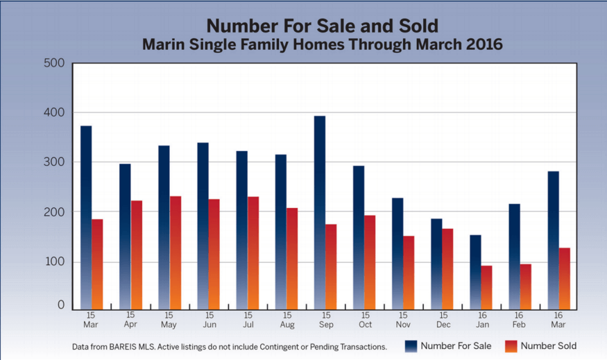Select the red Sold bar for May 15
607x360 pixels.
pyautogui.click(x=176, y=252)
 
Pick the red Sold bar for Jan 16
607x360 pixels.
pyautogui.click(x=486, y=287)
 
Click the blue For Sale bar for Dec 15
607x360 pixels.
pyautogui.click(x=436, y=264)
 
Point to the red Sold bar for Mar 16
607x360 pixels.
pyautogui.click(x=564, y=278)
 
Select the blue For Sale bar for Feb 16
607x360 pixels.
pyautogui.click(x=514, y=256)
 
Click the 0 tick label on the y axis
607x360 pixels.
pyautogui.click(x=60, y=305)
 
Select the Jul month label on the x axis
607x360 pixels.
pyautogui.click(x=248, y=325)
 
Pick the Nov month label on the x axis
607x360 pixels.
pyautogui.click(x=404, y=325)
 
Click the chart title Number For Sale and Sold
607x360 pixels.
pyautogui.click(x=322, y=26)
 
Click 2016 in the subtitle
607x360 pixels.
pyautogui.click(x=483, y=44)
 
